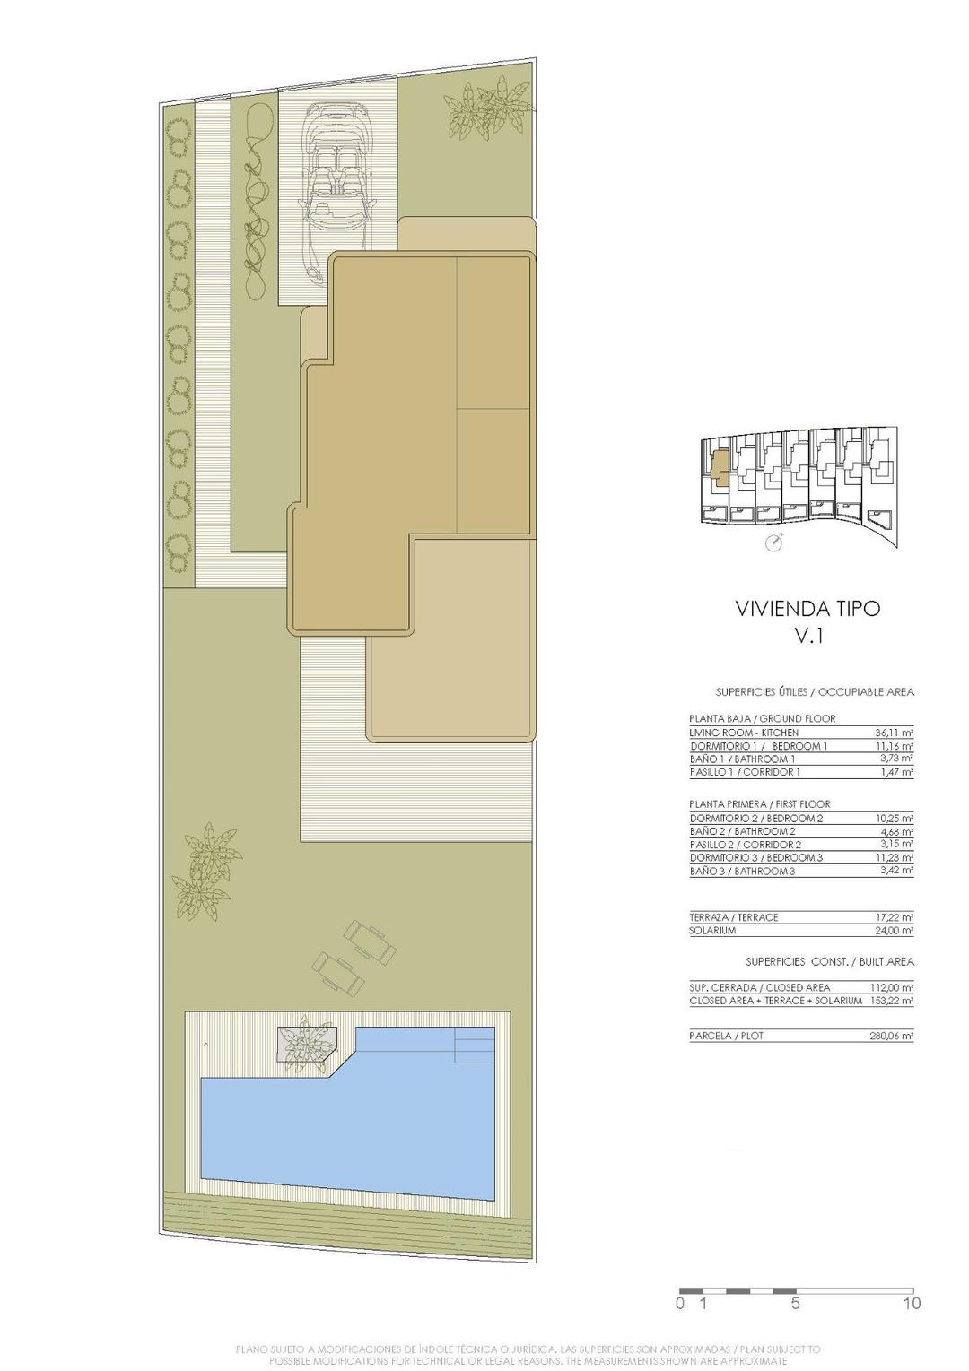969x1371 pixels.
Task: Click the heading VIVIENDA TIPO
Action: point(807,609)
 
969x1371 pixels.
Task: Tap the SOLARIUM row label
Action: point(712,931)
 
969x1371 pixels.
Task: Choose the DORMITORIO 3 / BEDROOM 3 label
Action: point(755,858)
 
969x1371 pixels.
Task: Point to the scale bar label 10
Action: point(912,1303)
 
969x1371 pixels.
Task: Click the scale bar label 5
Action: point(795,1303)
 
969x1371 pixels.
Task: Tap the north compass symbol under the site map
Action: point(774,542)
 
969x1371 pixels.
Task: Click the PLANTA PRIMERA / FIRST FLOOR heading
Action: point(760,804)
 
